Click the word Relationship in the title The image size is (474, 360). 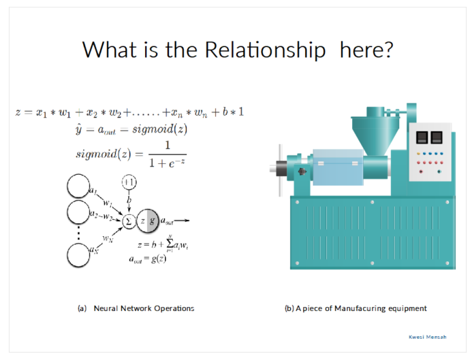tap(265, 50)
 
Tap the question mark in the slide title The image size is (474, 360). tap(388, 50)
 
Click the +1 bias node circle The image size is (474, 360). tap(129, 182)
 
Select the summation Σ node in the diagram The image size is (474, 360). tap(129, 221)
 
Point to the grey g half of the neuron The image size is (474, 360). tap(153, 220)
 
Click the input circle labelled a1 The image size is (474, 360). tap(78, 186)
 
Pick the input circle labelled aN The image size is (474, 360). tap(78, 255)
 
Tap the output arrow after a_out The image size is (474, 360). tap(182, 220)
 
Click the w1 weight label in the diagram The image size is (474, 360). tap(108, 203)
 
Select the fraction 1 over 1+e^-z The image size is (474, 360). tap(167, 154)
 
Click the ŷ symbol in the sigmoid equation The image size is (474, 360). tap(78, 129)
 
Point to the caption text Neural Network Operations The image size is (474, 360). tap(144, 308)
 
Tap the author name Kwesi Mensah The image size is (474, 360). tap(428, 337)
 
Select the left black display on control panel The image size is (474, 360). tap(422, 137)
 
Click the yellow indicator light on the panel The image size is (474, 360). tap(419, 154)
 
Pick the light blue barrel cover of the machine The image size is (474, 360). tap(338, 167)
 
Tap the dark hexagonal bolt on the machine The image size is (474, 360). tap(302, 171)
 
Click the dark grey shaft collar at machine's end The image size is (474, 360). tap(281, 168)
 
